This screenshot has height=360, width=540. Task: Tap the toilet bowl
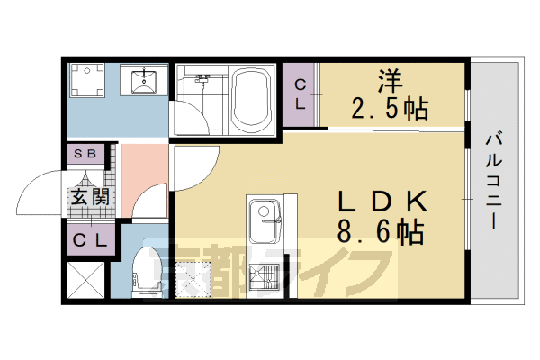pyautogui.click(x=145, y=271)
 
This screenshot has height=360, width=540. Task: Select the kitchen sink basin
pyautogui.click(x=266, y=220)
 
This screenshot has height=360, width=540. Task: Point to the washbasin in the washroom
pyautogui.click(x=144, y=82)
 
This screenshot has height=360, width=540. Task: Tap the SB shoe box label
pyautogui.click(x=88, y=154)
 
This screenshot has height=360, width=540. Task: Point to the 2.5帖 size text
pyautogui.click(x=388, y=109)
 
